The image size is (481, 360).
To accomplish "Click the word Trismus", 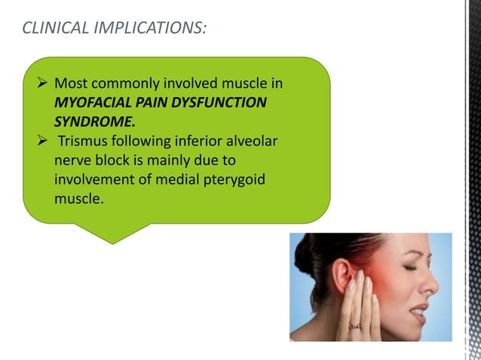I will (x=84, y=142).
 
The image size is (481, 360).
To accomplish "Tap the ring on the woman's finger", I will (x=354, y=325).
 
